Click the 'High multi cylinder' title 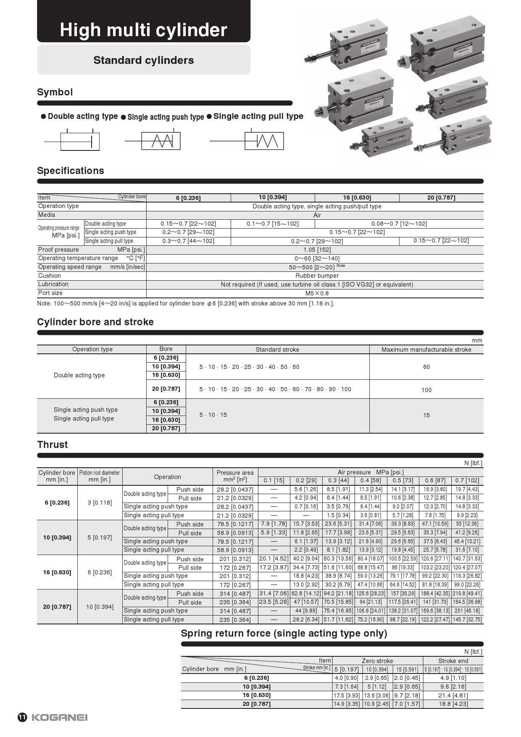[x=143, y=30]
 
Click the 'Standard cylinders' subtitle [x=143, y=60]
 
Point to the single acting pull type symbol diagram [x=264, y=141]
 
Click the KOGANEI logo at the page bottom [x=59, y=717]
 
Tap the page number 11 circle [x=22, y=717]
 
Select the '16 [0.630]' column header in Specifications [x=357, y=197]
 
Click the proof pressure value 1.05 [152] [x=317, y=250]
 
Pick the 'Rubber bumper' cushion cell [x=317, y=276]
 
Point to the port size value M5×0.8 [x=317, y=293]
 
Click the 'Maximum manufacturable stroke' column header [x=426, y=350]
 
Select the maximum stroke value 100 [x=426, y=390]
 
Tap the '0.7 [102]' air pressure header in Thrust [x=467, y=480]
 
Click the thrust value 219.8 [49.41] [x=467, y=594]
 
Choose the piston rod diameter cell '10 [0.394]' [x=100, y=607]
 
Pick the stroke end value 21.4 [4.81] [x=453, y=695]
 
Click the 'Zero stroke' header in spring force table [x=377, y=661]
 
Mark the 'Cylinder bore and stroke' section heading [x=95, y=322]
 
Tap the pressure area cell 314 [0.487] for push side [x=235, y=594]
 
